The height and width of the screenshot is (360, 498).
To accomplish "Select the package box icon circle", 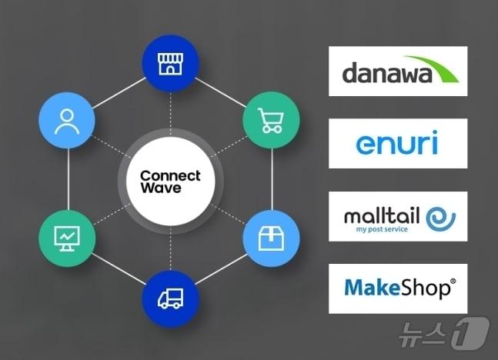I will coord(271,240).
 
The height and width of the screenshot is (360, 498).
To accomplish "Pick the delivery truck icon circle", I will coord(170,298).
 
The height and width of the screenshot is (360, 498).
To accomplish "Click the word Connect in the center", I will coord(170,176).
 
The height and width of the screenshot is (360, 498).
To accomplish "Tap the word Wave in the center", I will coord(161,188).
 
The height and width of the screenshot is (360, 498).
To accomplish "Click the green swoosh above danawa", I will coord(435,65).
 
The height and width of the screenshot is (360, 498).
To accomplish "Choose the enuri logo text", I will coord(397,145).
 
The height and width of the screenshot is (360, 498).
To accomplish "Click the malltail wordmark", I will coord(382,215).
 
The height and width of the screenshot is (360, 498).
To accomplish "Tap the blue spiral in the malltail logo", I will coord(440,216).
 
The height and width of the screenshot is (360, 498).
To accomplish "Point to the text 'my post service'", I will coord(382,229).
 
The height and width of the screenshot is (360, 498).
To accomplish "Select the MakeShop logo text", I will coord(395,288).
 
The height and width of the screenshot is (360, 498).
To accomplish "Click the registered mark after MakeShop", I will coord(452,282).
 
